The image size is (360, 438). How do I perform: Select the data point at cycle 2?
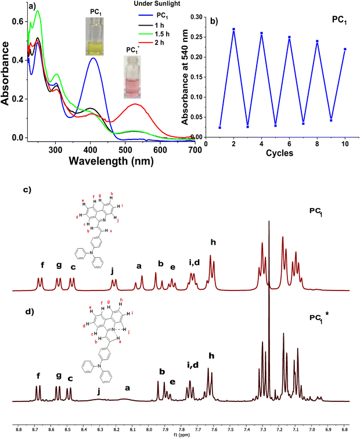coord(233,29)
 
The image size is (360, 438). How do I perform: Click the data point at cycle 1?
coord(220,127)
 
